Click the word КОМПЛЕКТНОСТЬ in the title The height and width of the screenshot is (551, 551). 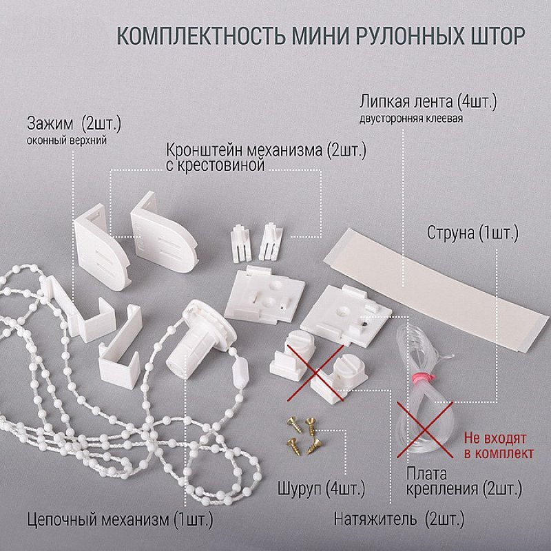200,35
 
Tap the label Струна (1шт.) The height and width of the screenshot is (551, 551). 472,233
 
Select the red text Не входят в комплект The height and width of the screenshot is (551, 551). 499,446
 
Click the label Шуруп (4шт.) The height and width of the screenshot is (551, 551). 321,488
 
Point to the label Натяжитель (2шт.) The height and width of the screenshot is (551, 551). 399,519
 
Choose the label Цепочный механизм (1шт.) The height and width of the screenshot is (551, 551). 120,519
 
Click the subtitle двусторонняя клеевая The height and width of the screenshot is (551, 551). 410,118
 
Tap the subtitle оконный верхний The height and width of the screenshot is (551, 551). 66,141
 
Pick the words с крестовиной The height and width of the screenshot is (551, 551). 215,165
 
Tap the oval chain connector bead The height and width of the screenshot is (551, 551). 240,369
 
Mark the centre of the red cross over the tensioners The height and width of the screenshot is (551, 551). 315,373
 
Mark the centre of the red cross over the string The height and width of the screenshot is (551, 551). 425,429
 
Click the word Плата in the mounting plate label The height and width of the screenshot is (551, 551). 426,475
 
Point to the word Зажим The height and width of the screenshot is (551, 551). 50,123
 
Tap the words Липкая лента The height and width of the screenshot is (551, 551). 406,102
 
